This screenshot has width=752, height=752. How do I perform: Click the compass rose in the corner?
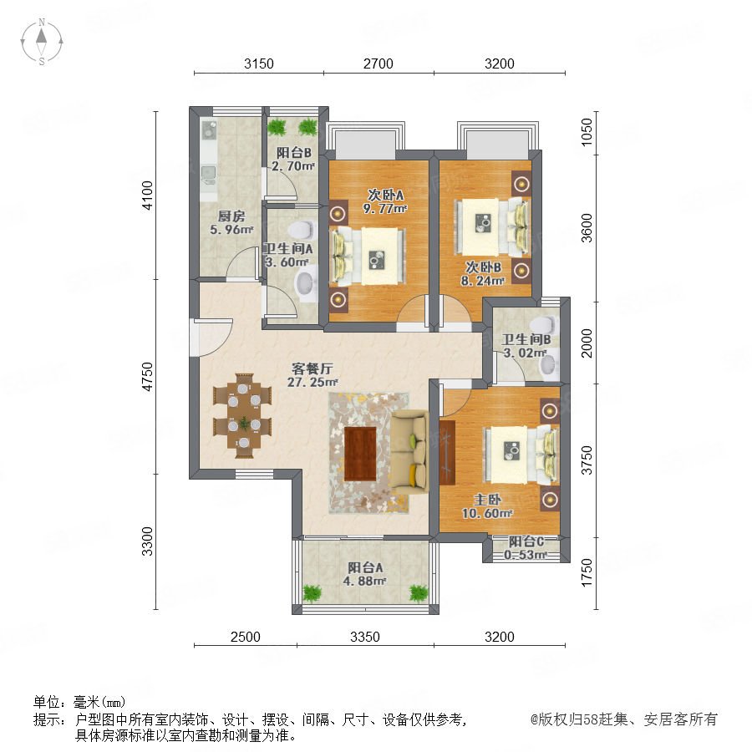(42, 42)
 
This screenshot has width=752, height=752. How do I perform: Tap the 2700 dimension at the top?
(378, 64)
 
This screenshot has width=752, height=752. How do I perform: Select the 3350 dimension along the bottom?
(364, 637)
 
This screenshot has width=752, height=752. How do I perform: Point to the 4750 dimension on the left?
(147, 377)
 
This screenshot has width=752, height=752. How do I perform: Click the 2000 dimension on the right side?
(587, 343)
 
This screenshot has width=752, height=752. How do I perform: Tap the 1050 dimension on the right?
(587, 132)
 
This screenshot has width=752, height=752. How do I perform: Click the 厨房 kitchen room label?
(231, 216)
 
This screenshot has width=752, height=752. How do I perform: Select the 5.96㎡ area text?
(231, 230)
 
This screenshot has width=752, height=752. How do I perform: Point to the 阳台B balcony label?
(293, 153)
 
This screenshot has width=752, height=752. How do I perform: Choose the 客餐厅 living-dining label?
(312, 368)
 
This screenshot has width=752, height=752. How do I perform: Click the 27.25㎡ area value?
(312, 382)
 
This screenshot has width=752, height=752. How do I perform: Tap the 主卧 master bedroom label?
(487, 500)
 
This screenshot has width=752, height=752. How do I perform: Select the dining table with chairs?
(242, 415)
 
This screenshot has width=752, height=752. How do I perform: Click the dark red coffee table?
(360, 454)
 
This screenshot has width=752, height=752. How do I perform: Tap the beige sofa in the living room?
(409, 451)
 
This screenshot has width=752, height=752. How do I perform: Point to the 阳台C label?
(526, 541)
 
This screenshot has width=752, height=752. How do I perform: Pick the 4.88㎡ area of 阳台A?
(364, 582)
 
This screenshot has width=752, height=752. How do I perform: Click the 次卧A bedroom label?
(385, 195)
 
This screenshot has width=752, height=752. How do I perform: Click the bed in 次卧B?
(491, 226)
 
